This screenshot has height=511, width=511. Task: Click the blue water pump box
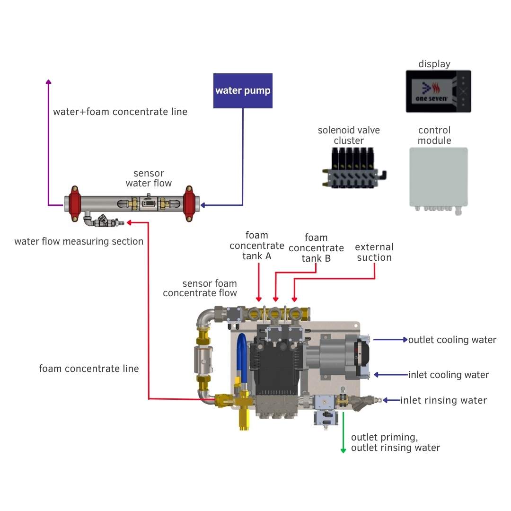click(x=243, y=91)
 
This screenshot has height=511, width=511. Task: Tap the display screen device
click(x=438, y=91)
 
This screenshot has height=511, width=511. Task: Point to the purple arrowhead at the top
click(x=48, y=82)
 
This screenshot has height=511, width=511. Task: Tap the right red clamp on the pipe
click(x=189, y=203)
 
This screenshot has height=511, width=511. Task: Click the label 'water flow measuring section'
click(x=79, y=241)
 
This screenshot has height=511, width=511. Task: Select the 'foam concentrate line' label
click(x=89, y=369)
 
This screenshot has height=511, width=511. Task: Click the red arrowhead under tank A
click(x=259, y=299)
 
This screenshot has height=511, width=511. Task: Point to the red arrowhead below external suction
click(x=294, y=299)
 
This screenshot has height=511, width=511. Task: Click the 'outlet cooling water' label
click(x=452, y=340)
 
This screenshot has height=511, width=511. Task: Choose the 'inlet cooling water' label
click(x=449, y=375)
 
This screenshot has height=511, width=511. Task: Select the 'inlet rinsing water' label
click(x=443, y=400)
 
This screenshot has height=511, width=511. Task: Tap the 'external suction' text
click(x=374, y=252)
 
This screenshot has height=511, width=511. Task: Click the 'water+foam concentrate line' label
click(x=120, y=112)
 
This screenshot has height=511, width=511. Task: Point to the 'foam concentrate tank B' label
click(x=316, y=248)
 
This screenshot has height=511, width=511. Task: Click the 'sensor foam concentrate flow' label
click(x=200, y=288)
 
